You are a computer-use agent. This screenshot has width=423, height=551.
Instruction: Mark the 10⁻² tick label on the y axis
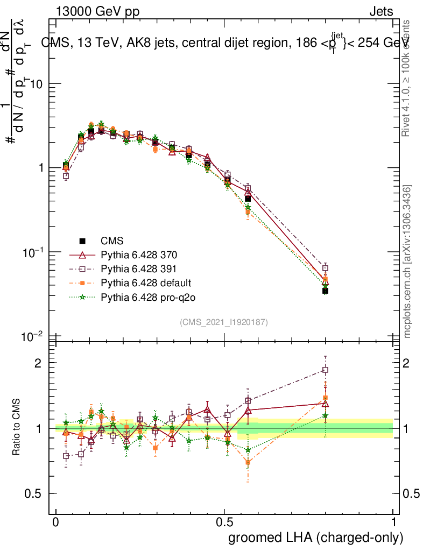tap(33, 336)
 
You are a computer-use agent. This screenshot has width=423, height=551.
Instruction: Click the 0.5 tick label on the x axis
tap(224, 522)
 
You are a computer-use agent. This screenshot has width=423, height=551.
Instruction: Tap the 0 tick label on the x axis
tap(56, 522)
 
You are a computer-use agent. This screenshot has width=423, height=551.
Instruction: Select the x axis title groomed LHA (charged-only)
tap(316, 538)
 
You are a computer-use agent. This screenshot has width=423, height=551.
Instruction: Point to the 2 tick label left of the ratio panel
tap(38, 363)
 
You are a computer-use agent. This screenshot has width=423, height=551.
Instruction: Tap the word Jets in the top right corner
tap(380, 11)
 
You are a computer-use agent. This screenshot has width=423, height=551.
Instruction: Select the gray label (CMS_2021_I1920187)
tap(224, 322)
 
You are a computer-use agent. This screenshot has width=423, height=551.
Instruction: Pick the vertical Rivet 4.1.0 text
tap(407, 78)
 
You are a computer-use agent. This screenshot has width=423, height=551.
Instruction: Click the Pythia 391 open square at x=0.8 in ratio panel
tap(325, 370)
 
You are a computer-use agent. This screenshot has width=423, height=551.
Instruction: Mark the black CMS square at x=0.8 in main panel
tap(325, 291)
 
